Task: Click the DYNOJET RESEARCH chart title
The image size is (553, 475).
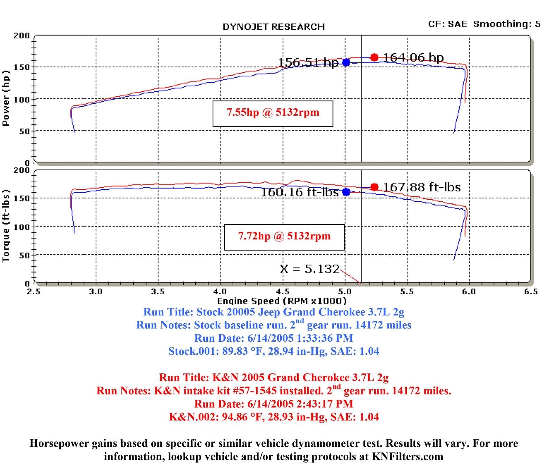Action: coord(273,27)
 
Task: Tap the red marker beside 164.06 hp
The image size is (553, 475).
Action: coord(374,57)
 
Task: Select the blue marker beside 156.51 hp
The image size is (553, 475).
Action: coord(346,63)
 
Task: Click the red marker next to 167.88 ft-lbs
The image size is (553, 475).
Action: coord(374,187)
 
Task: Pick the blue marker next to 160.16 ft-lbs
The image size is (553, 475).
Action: coord(346,192)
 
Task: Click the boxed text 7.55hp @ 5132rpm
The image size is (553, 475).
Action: coord(273,113)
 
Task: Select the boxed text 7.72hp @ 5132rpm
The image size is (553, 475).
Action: coord(284,236)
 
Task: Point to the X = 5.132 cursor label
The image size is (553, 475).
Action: coord(310,269)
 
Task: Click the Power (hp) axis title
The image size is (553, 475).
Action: coord(6,98)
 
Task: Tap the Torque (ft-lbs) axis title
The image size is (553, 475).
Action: coord(6,226)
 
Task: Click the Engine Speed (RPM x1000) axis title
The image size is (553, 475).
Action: coord(282,301)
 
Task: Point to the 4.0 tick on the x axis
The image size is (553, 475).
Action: coord(220,292)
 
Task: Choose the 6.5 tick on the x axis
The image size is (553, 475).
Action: coord(531,292)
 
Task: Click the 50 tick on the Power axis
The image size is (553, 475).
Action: coord(24,131)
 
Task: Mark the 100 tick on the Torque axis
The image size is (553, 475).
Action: coord(21,227)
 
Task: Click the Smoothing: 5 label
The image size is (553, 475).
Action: coord(507,24)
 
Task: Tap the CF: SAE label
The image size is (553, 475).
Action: coord(447,24)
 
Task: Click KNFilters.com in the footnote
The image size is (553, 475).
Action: coord(407,457)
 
